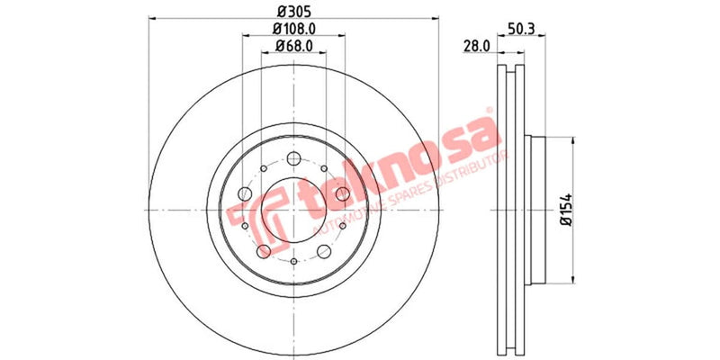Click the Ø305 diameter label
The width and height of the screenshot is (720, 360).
coord(293,11)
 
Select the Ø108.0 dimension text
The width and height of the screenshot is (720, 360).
coord(294,29)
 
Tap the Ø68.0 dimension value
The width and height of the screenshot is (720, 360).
coord(294,45)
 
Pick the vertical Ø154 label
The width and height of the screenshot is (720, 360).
coord(566,209)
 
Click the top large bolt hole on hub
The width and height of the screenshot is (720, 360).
coord(295,158)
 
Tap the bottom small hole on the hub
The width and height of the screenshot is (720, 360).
coord(295,261)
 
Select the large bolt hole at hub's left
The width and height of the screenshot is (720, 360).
coord(246,193)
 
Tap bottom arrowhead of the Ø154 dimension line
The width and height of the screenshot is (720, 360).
coord(573,278)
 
